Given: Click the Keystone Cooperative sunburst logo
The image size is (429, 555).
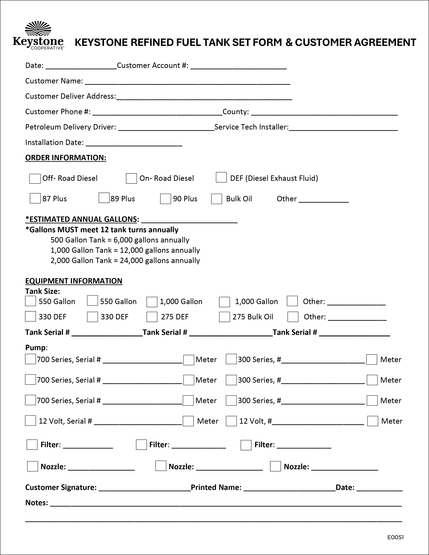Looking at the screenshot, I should click(38, 28).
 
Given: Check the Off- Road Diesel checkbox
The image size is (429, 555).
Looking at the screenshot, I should click(35, 179).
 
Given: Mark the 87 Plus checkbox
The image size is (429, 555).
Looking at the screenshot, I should click(35, 198).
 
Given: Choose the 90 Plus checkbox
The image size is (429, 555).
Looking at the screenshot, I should click(165, 199).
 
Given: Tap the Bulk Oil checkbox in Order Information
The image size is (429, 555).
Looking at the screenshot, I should click(217, 199).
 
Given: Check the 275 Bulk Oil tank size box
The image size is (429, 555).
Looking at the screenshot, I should click(225, 317).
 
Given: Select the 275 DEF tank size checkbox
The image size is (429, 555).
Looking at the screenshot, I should click(152, 317).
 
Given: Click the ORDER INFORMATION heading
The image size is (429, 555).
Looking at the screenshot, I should click(66, 158).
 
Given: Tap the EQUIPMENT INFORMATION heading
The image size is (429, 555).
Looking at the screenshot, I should click(74, 281).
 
